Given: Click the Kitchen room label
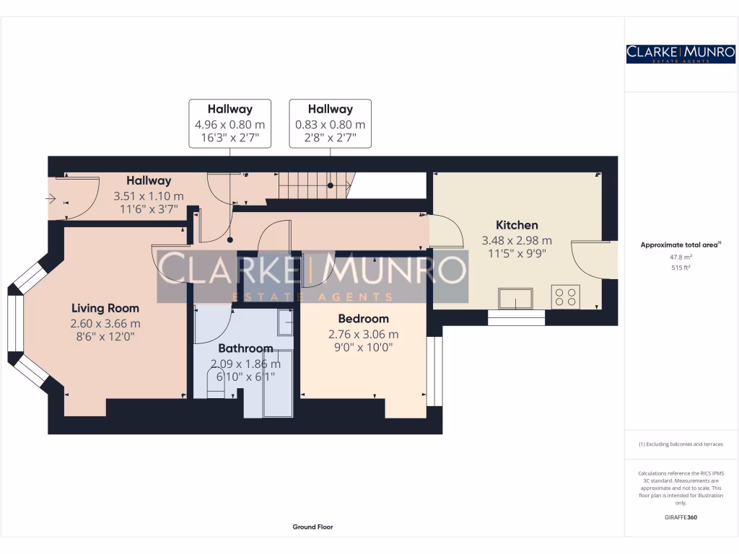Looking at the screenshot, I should pyautogui.click(x=517, y=225).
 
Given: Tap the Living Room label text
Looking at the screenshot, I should pyautogui.click(x=105, y=309).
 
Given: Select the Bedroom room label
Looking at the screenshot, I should pyautogui.click(x=363, y=319).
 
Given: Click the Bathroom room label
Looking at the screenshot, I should pyautogui.click(x=245, y=348).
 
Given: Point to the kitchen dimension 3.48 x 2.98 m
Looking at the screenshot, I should pyautogui.click(x=517, y=240).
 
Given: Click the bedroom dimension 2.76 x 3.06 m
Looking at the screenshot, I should pyautogui.click(x=363, y=334).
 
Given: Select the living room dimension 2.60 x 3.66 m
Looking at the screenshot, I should pyautogui.click(x=105, y=323).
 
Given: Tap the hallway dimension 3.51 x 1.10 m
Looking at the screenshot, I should pyautogui.click(x=149, y=196).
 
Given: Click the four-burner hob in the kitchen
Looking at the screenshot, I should pyautogui.click(x=565, y=296).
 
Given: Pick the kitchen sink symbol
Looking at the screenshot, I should pyautogui.click(x=515, y=298).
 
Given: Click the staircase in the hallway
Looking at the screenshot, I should pyautogui.click(x=313, y=185).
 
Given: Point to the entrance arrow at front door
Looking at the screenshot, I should pyautogui.click(x=53, y=196).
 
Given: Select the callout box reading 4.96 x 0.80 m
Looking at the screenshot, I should pyautogui.click(x=229, y=123).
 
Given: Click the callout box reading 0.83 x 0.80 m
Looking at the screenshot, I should pyautogui.click(x=330, y=123).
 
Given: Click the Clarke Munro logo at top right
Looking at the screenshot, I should pyautogui.click(x=681, y=53).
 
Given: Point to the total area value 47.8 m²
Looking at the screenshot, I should pyautogui.click(x=681, y=256).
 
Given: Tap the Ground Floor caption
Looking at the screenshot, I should pyautogui.click(x=312, y=527).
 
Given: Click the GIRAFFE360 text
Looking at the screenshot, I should pyautogui.click(x=681, y=517).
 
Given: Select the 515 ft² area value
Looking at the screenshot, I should pyautogui.click(x=681, y=267).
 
